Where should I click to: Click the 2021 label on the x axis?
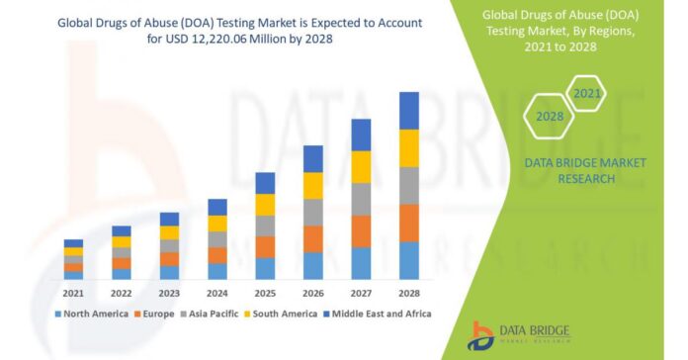pyautogui.click(x=73, y=293)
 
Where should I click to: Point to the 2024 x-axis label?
pyautogui.click(x=217, y=293)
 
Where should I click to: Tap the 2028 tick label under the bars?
pyautogui.click(x=408, y=293)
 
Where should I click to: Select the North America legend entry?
pyautogui.click(x=92, y=314)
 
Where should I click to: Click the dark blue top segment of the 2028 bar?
pyautogui.click(x=408, y=110)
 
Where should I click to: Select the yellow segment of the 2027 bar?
pyautogui.click(x=361, y=166)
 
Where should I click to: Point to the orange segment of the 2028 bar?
pyautogui.click(x=408, y=223)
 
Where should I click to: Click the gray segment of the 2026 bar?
pyautogui.click(x=312, y=212)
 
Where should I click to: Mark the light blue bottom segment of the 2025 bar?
pyautogui.click(x=265, y=268)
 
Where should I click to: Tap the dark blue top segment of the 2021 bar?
pyautogui.click(x=73, y=242)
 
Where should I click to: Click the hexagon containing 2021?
pyautogui.click(x=586, y=94)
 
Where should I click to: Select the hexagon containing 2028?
pyautogui.click(x=550, y=116)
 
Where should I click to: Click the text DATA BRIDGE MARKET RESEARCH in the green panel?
pyautogui.click(x=569, y=170)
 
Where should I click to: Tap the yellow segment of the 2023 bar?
pyautogui.click(x=169, y=232)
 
